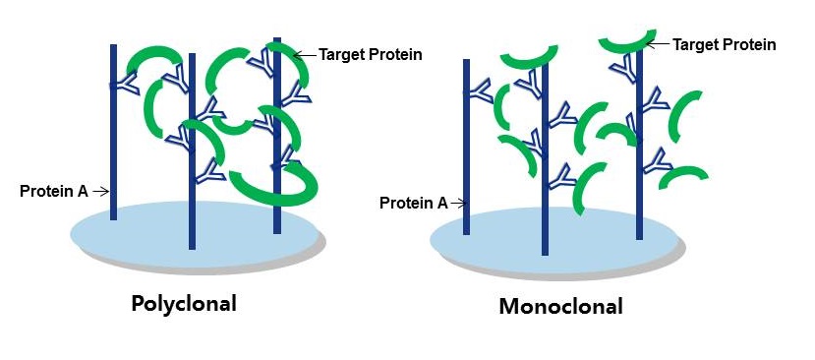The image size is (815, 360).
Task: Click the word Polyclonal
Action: point(184,303)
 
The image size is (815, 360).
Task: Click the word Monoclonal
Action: point(560,306)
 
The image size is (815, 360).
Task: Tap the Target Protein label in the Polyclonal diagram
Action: point(371,54)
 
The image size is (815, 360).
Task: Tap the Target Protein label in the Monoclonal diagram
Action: point(725,44)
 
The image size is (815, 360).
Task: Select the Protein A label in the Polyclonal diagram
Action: point(54,190)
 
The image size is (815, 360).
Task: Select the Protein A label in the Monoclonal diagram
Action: point(413,203)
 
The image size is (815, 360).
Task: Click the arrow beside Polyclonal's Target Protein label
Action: point(306,54)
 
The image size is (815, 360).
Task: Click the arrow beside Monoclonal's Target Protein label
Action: point(660,44)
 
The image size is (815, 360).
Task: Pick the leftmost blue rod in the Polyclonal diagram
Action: point(114,148)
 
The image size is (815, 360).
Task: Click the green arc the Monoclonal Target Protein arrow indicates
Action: point(625,42)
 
